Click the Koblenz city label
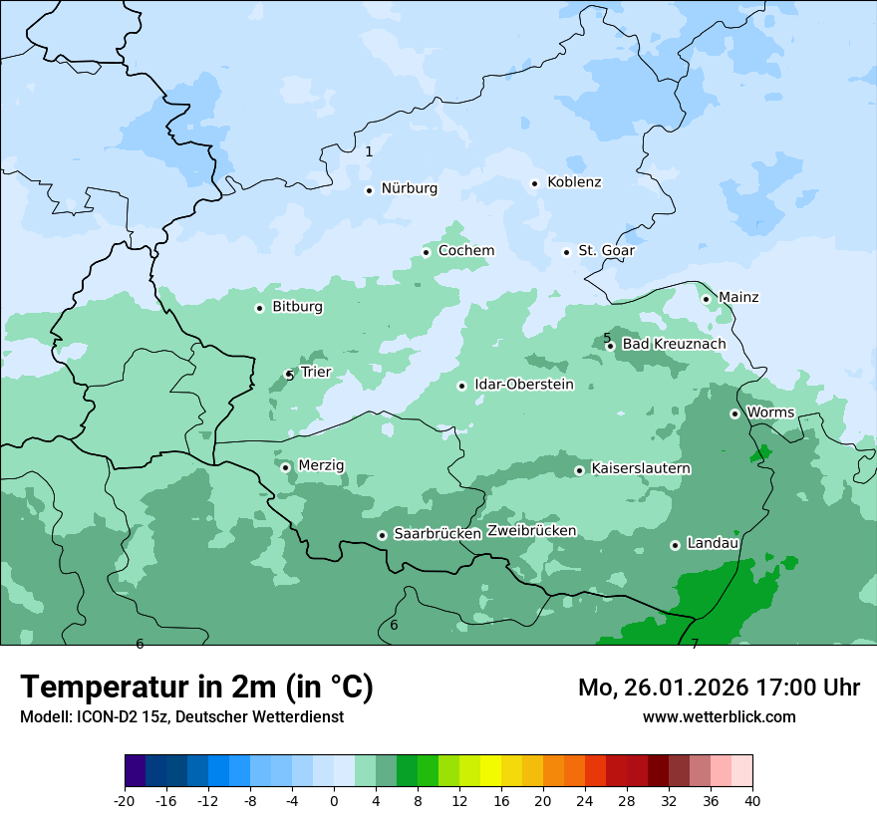[x=574, y=182]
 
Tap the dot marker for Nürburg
[x=369, y=190]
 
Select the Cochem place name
[x=465, y=251]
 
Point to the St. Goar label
[x=606, y=251]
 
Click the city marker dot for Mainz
[x=706, y=299]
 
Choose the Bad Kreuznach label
[x=674, y=344]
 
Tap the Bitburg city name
[x=297, y=307]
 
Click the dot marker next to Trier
[x=289, y=375]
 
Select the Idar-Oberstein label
[x=523, y=385]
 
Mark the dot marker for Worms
[x=734, y=413]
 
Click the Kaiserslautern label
[x=641, y=468]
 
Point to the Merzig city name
[x=321, y=465]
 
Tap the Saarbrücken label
[x=438, y=534]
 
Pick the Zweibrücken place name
[x=531, y=531]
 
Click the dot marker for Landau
[x=675, y=545]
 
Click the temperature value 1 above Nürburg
[x=369, y=151]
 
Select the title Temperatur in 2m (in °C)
[x=196, y=688]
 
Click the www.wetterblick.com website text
[x=719, y=716]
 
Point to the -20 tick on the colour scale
[x=125, y=800]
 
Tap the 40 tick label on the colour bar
[x=752, y=800]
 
